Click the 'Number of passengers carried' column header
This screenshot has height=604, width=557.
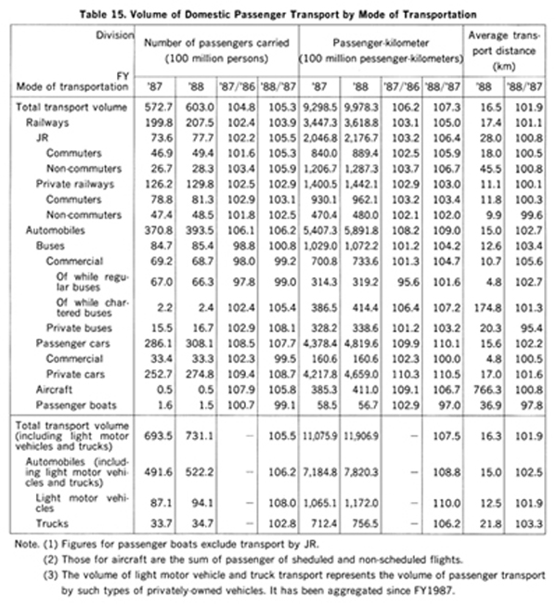coord(216,43)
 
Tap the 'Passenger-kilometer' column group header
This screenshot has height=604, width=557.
coord(381,43)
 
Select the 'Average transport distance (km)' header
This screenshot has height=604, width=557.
coord(504,51)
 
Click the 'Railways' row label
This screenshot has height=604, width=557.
coord(47,122)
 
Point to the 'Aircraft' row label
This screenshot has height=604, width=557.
coord(54,390)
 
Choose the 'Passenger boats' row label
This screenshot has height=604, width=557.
coord(76,405)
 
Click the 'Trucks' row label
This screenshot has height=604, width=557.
coord(52,523)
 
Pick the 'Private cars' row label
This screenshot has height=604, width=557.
coord(75,374)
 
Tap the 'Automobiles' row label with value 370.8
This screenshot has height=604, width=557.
coord(55,230)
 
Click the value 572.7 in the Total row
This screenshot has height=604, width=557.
coord(159,107)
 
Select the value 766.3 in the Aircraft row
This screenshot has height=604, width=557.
coord(487,390)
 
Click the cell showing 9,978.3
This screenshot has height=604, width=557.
coord(361,107)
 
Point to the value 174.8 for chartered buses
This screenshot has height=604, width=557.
coord(487,308)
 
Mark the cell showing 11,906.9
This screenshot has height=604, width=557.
coord(361,436)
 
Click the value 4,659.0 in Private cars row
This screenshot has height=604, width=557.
coord(361,374)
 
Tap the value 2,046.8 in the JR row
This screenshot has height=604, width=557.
coord(320,138)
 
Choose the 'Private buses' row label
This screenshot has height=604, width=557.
coord(79,328)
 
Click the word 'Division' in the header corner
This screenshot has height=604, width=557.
coord(115,35)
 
